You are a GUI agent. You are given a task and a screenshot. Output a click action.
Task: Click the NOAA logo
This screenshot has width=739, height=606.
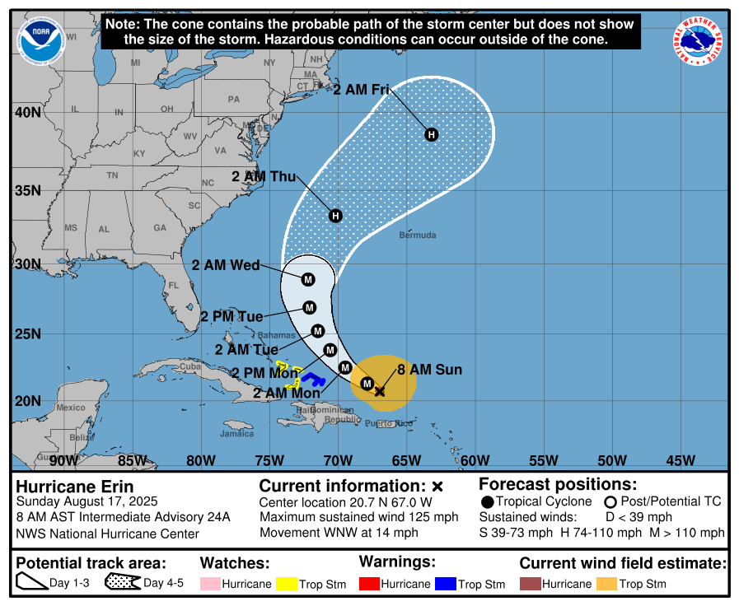tap(40, 40)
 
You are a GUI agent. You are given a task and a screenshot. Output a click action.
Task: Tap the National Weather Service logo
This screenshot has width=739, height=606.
tap(699, 40)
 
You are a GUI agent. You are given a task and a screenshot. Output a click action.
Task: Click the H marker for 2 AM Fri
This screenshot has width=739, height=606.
tap(430, 134)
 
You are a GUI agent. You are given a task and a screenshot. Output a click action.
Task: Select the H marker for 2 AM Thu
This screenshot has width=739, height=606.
tap(335, 216)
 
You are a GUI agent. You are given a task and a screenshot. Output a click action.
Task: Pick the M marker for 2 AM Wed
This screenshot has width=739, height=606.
tap(308, 279)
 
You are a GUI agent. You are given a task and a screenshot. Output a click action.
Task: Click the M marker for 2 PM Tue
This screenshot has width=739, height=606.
tap(310, 308)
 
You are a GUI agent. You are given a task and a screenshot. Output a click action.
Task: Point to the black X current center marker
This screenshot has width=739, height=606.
tap(379, 391)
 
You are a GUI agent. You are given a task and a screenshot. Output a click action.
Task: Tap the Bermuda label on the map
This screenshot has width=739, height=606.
tap(418, 235)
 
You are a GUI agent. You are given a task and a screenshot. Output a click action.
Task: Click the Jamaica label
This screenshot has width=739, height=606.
tap(237, 433)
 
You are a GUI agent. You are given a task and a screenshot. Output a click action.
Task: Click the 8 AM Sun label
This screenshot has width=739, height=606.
tap(429, 370)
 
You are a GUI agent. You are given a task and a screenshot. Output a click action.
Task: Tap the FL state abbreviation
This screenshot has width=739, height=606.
tap(173, 286)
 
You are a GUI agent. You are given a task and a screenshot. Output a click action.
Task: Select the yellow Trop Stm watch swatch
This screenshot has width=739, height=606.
tap(286, 584)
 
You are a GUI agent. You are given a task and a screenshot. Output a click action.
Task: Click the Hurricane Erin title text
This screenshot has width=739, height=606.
tap(75, 487)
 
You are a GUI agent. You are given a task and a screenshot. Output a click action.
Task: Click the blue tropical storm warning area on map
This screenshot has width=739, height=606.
tap(312, 379)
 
